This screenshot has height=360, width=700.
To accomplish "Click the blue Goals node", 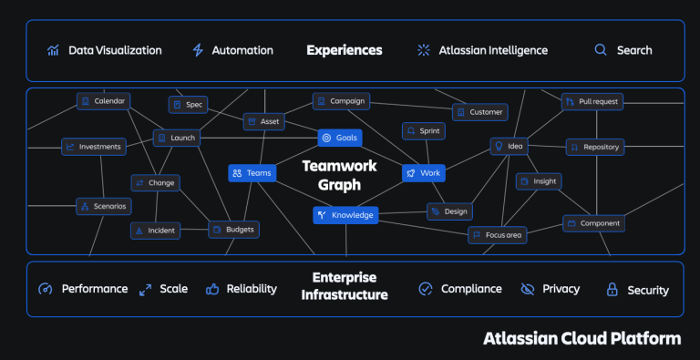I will [339, 138].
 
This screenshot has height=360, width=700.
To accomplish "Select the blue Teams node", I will [251, 172].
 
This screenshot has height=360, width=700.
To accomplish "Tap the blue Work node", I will [423, 172].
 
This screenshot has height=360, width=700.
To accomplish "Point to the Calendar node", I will [103, 101].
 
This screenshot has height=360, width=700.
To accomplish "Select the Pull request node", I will [592, 101].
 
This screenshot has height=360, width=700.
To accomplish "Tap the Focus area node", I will [497, 235].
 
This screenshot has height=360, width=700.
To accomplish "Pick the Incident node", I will [155, 231].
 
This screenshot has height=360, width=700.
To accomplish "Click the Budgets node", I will [233, 230].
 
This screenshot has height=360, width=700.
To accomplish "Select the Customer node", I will [479, 112].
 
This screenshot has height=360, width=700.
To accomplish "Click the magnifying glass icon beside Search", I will [601, 50].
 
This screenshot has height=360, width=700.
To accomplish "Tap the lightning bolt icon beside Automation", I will [198, 50].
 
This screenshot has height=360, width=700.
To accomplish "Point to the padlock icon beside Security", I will [612, 290].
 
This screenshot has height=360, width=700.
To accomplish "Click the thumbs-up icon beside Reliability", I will [212, 289].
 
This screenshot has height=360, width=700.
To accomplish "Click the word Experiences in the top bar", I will [345, 50].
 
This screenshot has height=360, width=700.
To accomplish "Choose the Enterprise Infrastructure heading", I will [345, 286].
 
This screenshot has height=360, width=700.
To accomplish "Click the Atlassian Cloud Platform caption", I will [582, 339].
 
